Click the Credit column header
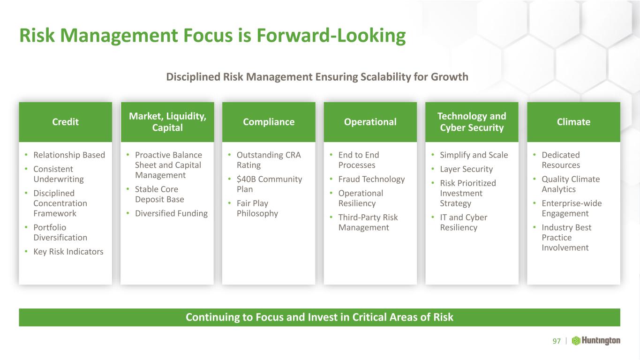(66, 122)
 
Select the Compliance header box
(269, 122)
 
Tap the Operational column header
(370, 122)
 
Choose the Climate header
(574, 122)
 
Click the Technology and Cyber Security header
(472, 122)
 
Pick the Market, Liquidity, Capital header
(167, 122)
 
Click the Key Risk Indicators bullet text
(68, 252)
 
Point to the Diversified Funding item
(172, 213)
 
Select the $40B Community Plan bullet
(270, 184)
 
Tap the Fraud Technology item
(372, 179)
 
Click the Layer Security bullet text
(467, 169)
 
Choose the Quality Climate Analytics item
(571, 184)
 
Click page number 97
(557, 341)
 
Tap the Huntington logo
(596, 341)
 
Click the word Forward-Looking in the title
(331, 36)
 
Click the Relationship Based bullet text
(69, 155)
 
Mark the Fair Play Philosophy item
(257, 208)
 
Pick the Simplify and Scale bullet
(474, 155)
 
